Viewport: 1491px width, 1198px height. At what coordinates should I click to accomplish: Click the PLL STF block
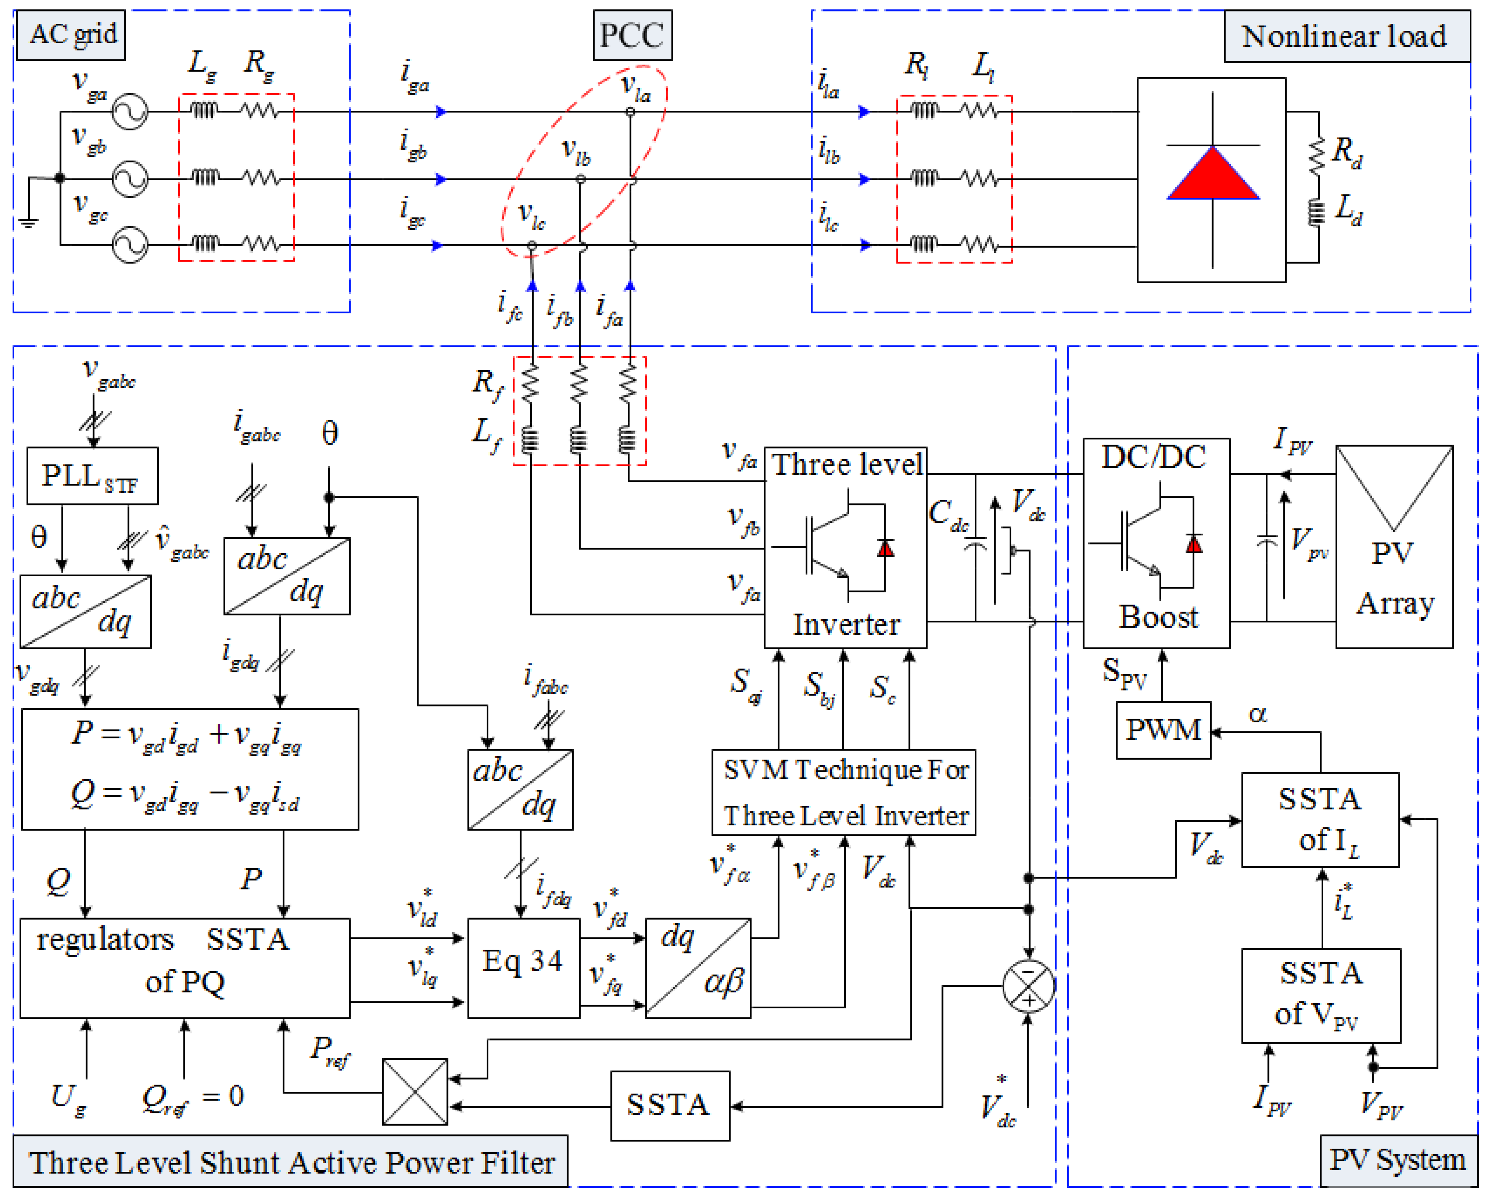click(x=92, y=476)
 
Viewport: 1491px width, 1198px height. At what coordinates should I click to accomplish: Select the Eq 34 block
click(x=524, y=968)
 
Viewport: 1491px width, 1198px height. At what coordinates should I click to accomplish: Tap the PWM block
click(x=1163, y=731)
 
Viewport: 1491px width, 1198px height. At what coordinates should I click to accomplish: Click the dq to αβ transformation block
click(x=698, y=968)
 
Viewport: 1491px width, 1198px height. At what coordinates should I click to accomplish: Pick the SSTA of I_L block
click(x=1319, y=820)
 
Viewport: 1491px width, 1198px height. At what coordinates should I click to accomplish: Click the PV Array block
click(x=1394, y=546)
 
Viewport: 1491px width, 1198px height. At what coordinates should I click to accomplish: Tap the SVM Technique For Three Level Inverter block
click(x=844, y=792)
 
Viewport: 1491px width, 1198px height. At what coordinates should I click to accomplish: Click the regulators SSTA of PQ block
click(x=185, y=968)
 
